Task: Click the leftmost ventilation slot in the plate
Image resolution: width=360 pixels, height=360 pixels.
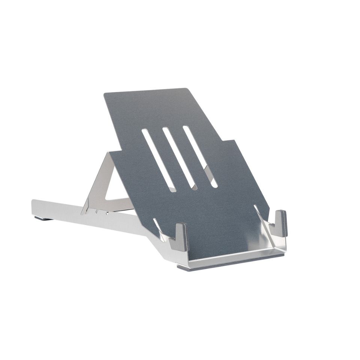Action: [159, 160]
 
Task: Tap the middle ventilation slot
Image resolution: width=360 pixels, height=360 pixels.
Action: [180, 159]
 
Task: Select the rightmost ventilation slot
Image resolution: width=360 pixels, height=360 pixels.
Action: [200, 156]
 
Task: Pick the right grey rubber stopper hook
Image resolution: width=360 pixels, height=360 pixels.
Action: [280, 223]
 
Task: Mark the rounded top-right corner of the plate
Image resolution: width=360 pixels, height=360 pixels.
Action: [186, 90]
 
